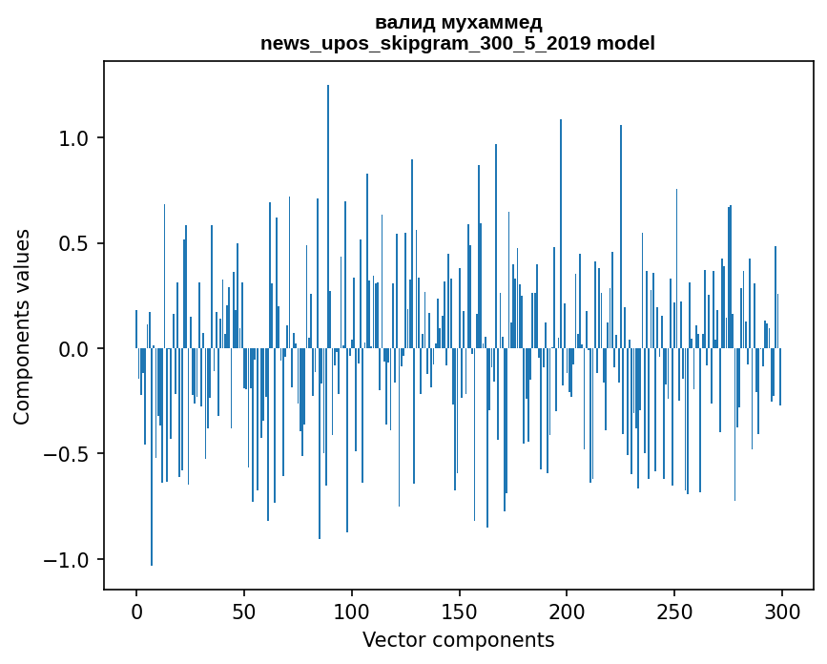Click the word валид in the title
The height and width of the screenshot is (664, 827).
(403, 22)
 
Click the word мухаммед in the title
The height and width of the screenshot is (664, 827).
(486, 22)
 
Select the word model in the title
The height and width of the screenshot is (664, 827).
(632, 43)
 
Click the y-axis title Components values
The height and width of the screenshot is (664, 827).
(22, 326)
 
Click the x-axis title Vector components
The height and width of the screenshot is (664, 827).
(458, 639)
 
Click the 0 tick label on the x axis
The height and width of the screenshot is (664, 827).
(136, 611)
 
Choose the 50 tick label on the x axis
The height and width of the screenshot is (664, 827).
(244, 611)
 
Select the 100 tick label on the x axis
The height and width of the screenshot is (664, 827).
(352, 611)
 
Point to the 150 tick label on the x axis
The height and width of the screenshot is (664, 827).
(460, 611)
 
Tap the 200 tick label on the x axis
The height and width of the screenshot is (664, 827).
(568, 611)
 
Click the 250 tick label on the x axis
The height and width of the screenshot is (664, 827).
(675, 611)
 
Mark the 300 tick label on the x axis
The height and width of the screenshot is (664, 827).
(782, 611)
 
